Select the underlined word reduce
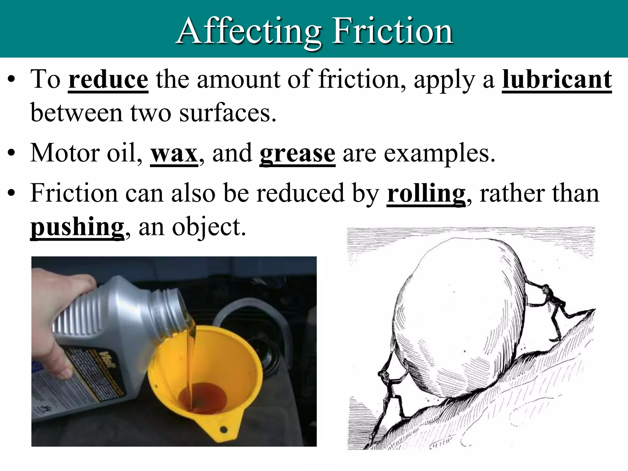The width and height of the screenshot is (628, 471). point(108,80)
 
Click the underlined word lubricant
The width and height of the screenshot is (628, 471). point(557,80)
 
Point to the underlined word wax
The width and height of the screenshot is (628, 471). point(174,153)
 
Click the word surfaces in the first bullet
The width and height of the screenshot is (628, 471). point(227,113)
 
